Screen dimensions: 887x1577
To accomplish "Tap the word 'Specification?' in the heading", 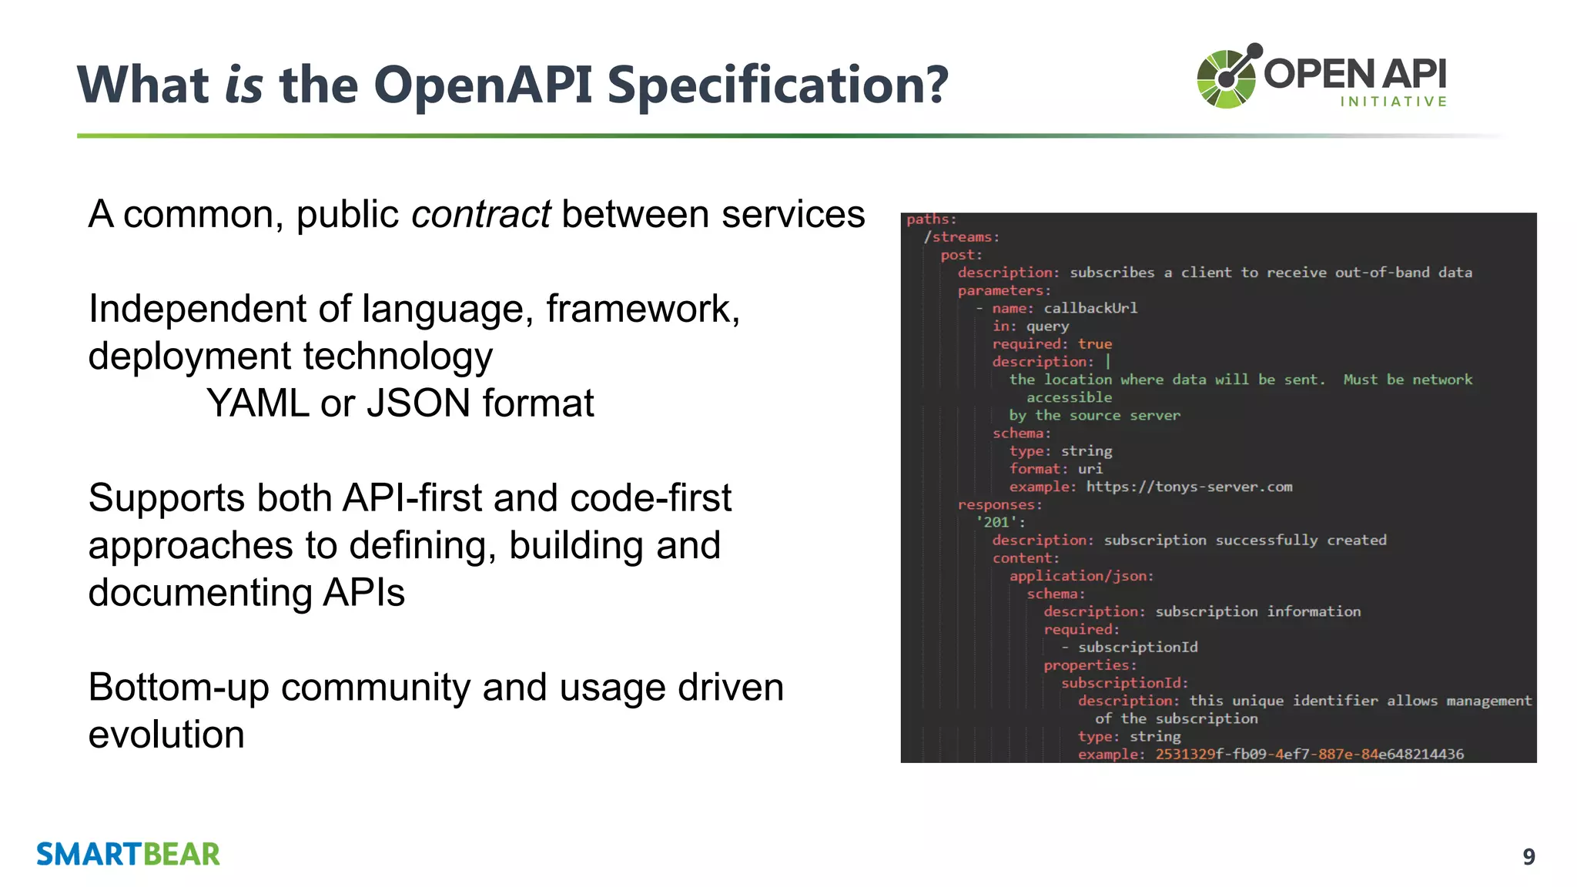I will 778,85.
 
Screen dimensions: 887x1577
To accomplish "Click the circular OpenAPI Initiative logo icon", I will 1227,77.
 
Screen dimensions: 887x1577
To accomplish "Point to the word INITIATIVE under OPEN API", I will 1394,102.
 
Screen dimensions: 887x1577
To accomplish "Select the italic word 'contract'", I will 480,214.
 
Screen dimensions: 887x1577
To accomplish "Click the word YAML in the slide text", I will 257,403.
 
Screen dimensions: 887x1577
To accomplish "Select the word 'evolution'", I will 166,735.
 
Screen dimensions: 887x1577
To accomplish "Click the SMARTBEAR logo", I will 128,855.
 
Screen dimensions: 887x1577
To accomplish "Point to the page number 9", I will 1528,857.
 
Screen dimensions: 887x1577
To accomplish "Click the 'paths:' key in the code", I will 931,219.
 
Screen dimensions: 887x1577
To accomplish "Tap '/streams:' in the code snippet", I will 961,237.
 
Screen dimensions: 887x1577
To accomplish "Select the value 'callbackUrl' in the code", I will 1090,308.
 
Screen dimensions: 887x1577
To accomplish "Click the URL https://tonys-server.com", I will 1189,487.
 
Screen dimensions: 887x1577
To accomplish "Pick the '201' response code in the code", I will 997,522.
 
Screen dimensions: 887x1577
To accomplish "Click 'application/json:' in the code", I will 1081,576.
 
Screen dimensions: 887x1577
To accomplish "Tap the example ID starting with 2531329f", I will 1309,754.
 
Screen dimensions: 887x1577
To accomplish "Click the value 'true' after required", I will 1094,344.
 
